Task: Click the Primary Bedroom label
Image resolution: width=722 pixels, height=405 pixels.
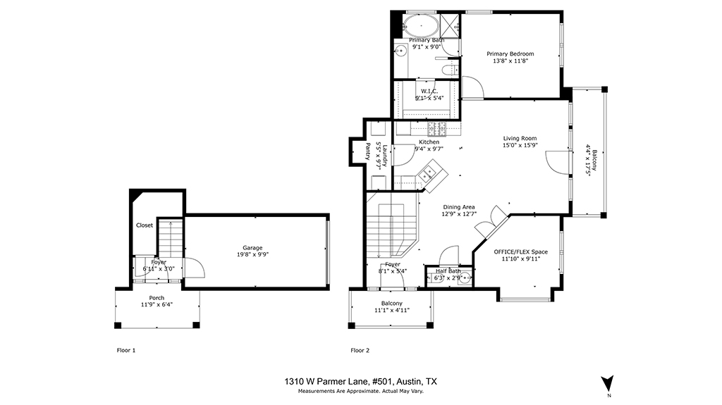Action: pyautogui.click(x=510, y=54)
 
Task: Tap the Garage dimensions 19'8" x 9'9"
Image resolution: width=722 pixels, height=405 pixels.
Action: pyautogui.click(x=252, y=254)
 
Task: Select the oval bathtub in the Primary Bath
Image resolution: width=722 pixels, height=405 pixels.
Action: pyautogui.click(x=421, y=26)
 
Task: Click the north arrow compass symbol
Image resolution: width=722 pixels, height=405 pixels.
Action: pyautogui.click(x=607, y=383)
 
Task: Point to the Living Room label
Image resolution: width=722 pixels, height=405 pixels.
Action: pyautogui.click(x=520, y=138)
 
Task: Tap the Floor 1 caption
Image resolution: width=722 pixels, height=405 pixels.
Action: pyautogui.click(x=126, y=350)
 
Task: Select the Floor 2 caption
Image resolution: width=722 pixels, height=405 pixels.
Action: pyautogui.click(x=360, y=350)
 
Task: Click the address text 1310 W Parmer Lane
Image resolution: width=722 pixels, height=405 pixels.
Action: pyautogui.click(x=326, y=382)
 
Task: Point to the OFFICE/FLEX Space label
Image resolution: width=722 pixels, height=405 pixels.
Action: pyautogui.click(x=521, y=251)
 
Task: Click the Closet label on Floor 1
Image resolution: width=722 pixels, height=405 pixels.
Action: pyautogui.click(x=145, y=225)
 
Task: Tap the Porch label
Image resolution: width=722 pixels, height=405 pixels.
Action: pyautogui.click(x=157, y=298)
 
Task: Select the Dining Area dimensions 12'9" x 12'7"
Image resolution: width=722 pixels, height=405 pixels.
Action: pyautogui.click(x=459, y=214)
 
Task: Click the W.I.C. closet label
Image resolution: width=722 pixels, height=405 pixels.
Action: pyautogui.click(x=429, y=91)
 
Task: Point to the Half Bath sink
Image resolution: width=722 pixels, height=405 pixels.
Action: pyautogui.click(x=465, y=278)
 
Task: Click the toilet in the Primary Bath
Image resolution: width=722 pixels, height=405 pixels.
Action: pyautogui.click(x=450, y=70)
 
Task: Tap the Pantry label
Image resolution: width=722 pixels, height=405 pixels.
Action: pyautogui.click(x=367, y=151)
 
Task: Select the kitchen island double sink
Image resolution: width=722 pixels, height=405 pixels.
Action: pyautogui.click(x=427, y=173)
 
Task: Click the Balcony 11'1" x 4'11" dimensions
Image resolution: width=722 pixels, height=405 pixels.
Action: pyautogui.click(x=392, y=310)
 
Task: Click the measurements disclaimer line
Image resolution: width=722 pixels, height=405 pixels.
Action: pyautogui.click(x=360, y=391)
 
